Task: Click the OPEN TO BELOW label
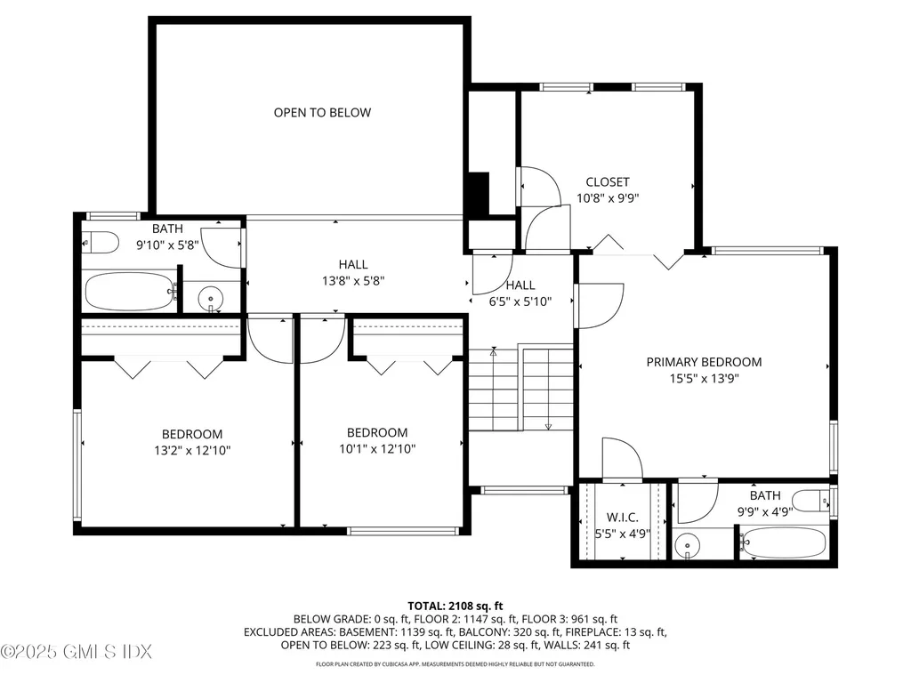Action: (x=322, y=113)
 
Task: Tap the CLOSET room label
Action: (x=608, y=182)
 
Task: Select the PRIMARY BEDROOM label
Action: (x=704, y=362)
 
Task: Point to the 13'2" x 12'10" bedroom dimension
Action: (x=192, y=450)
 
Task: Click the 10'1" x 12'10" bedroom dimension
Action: (x=377, y=448)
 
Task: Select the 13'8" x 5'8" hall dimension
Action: (x=353, y=281)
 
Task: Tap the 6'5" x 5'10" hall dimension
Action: (x=520, y=301)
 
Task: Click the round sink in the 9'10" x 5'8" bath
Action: (x=210, y=297)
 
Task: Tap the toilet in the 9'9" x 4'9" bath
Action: (x=811, y=501)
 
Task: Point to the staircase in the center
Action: (x=521, y=388)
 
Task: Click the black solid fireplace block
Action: (x=478, y=193)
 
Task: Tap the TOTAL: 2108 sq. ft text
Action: (x=455, y=604)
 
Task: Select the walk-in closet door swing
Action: (x=622, y=459)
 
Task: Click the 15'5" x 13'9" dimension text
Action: (x=704, y=378)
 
